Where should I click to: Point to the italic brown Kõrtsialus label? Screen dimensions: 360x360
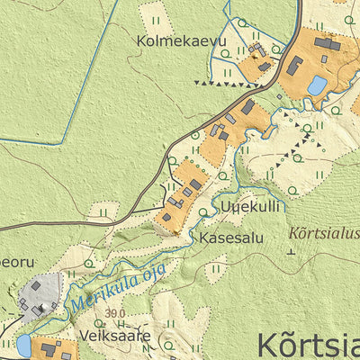(322, 232)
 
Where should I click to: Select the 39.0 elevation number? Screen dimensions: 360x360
(114, 313)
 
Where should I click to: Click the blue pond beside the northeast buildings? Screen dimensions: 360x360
(317, 85)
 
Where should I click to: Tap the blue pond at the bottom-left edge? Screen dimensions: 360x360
(23, 346)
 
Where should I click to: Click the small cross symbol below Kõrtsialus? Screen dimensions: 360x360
(291, 251)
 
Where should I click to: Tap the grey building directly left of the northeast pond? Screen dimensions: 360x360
(294, 65)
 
